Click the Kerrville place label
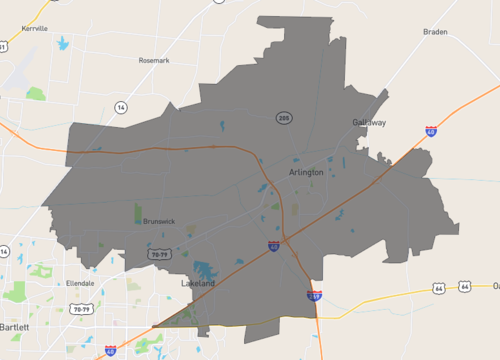point(34,29)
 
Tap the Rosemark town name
point(155,60)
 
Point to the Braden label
point(435,32)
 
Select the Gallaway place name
point(368,122)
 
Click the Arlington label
point(306,172)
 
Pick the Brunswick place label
point(158,221)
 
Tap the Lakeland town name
point(198,284)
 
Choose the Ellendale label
point(80,283)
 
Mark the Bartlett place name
point(15,327)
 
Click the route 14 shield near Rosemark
point(121,106)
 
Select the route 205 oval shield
point(285,118)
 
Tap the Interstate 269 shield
point(314,295)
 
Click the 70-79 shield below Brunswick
point(159,255)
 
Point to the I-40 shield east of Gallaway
point(430,131)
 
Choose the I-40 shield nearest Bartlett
point(110,351)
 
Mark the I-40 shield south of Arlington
point(273,245)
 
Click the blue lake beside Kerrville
point(62,44)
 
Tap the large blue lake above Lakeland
point(206,270)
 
